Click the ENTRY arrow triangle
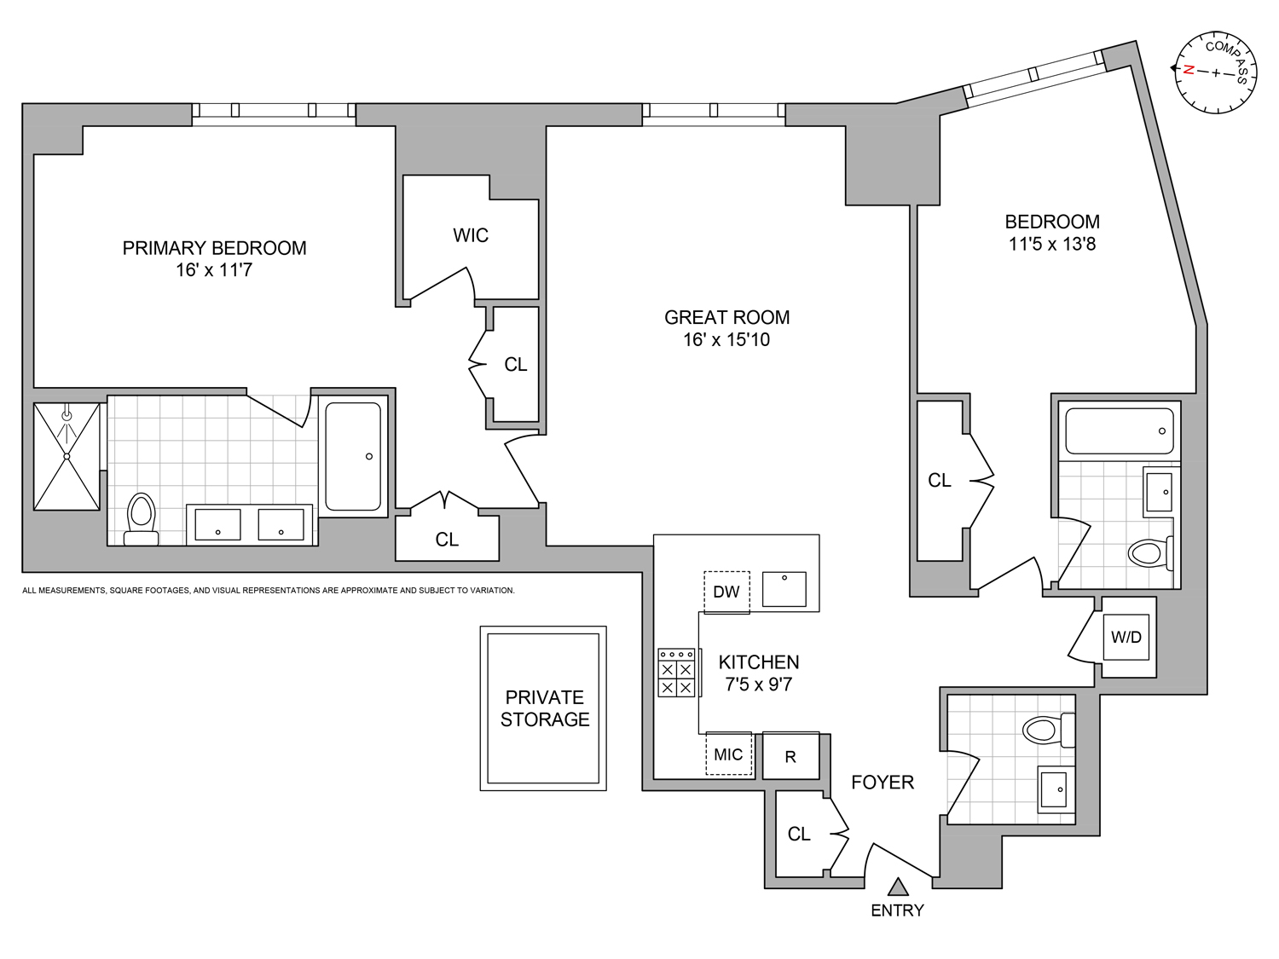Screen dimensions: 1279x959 coord(898,887)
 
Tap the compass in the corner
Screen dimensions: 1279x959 coord(1216,72)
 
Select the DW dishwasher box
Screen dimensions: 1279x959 coord(726,592)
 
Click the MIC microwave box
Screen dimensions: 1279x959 coord(728,754)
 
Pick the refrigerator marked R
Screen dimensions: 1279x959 coord(790,756)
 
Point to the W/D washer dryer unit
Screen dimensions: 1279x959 coord(1126,637)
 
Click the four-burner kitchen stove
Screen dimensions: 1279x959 coord(676,673)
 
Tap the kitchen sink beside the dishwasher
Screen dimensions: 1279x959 coord(784,589)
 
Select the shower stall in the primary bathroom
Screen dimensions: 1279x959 coord(67,457)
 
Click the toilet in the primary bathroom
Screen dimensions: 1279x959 coord(142,519)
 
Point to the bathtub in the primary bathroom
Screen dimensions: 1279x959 coord(353,457)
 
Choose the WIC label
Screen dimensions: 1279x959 coord(471,235)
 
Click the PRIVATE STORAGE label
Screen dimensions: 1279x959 coord(545,708)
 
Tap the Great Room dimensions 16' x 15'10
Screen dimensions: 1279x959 coord(726,339)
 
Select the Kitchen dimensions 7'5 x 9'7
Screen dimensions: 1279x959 coord(759,685)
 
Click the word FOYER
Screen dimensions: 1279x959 coord(883,783)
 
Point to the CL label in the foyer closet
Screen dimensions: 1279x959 coord(799,835)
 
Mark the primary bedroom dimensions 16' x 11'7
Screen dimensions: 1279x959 coord(214,270)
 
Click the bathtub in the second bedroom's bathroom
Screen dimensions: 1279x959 coord(1120,430)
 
